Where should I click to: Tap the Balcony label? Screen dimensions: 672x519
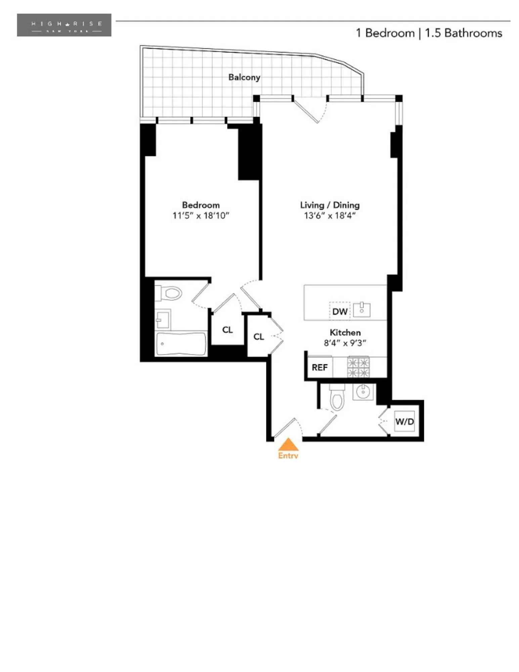click(244, 77)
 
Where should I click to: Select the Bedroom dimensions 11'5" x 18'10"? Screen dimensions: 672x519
click(201, 215)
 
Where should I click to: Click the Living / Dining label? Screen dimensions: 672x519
click(330, 205)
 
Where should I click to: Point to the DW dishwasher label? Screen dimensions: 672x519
click(340, 311)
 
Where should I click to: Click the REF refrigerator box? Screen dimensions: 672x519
click(319, 367)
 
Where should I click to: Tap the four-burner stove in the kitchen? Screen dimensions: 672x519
click(358, 368)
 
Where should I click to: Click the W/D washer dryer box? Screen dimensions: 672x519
click(404, 421)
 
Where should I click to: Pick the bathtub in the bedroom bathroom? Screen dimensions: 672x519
click(181, 344)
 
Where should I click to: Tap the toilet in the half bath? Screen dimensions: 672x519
click(337, 399)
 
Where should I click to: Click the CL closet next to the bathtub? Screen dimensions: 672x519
click(227, 330)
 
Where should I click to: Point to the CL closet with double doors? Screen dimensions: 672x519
click(258, 337)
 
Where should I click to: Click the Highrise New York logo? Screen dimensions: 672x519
click(64, 25)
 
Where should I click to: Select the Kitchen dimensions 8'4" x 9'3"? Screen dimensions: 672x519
click(345, 343)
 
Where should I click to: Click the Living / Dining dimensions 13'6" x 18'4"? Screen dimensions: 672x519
click(330, 215)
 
